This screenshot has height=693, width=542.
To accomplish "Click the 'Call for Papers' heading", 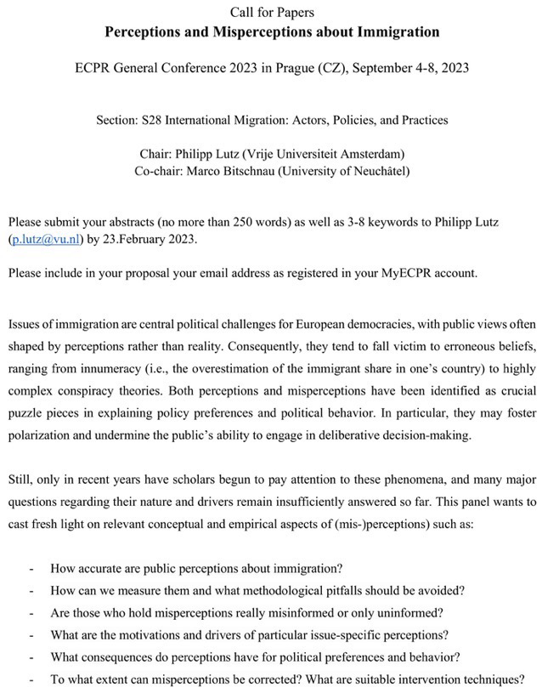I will (x=271, y=11).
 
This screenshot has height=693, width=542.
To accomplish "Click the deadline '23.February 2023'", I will (x=148, y=239).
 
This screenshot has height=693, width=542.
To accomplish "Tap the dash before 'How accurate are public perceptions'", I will (x=31, y=568).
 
